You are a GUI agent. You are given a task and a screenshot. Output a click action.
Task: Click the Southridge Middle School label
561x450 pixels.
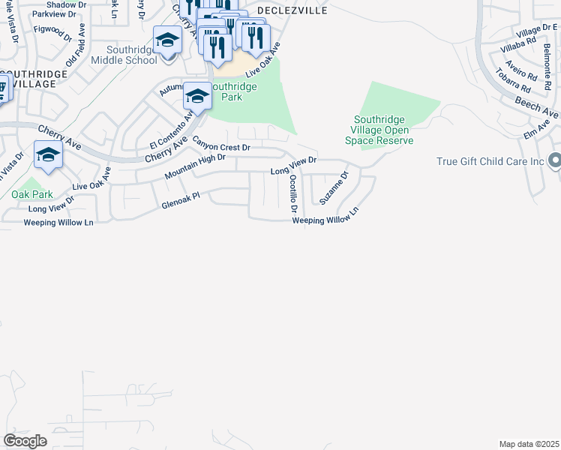click(121, 59)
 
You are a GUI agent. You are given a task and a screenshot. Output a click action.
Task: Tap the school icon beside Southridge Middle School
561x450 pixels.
click(167, 40)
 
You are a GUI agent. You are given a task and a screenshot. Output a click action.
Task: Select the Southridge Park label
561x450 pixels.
click(233, 92)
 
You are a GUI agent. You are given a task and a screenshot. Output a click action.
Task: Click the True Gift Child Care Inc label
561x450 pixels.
click(490, 161)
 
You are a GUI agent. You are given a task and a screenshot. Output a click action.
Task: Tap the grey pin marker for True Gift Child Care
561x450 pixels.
click(554, 161)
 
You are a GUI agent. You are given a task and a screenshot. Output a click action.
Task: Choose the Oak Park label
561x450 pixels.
click(29, 193)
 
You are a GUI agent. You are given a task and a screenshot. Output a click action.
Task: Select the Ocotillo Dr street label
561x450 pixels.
click(293, 193)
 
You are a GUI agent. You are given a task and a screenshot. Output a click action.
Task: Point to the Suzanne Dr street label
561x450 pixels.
click(334, 188)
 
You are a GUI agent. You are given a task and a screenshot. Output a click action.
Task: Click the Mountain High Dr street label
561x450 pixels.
click(195, 167)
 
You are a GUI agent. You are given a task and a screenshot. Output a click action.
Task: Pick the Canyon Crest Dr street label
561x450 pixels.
click(221, 142)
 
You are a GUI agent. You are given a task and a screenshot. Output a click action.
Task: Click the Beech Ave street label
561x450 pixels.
click(537, 106)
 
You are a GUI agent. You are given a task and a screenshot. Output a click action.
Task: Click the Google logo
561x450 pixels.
click(25, 440)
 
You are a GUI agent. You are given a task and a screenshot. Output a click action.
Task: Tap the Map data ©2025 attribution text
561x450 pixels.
click(528, 444)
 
